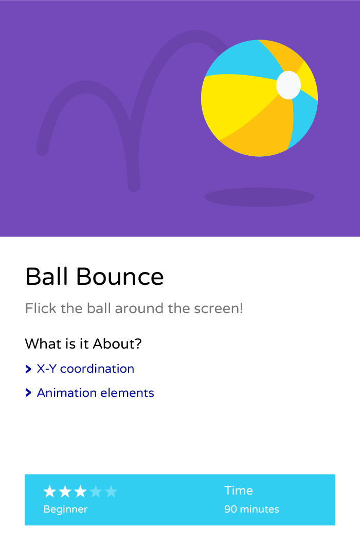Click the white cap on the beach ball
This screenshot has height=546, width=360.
point(289,85)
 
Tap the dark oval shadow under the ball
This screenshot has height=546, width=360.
point(259,197)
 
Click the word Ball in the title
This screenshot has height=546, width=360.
point(47,277)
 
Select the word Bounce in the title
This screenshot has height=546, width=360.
point(120,277)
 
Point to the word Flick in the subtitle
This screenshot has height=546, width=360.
point(41,308)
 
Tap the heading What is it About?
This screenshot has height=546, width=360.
point(83,343)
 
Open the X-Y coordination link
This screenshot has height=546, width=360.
point(85,369)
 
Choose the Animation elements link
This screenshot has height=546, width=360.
point(95,393)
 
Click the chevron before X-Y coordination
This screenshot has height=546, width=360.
point(28,369)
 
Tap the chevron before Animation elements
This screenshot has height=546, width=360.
point(28,393)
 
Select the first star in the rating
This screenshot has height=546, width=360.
point(50,492)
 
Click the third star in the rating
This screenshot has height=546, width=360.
point(80,492)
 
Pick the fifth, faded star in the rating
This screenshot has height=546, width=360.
point(111,492)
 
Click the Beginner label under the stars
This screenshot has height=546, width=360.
point(65,509)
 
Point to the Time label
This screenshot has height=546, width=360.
point(239,490)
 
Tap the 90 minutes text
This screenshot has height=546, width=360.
point(251,509)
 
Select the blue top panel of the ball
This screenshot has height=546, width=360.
point(240,60)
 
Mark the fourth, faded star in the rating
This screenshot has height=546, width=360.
point(96,492)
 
